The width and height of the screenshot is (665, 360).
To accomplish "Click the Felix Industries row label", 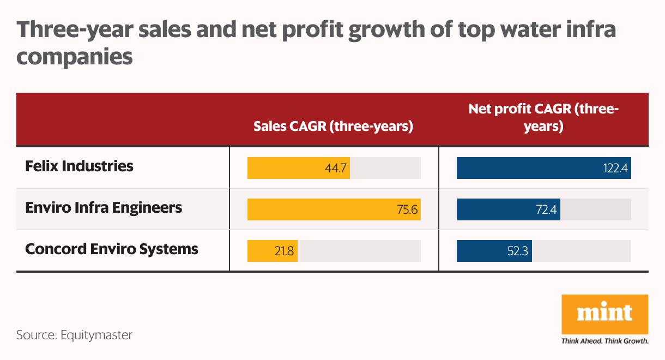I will tap(79, 166).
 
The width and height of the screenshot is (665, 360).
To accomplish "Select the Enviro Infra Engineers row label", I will tap(104, 208).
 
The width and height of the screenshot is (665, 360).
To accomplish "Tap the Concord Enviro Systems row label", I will tap(111, 249).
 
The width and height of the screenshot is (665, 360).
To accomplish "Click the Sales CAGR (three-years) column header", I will tap(333, 127).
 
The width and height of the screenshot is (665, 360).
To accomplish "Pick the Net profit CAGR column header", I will tap(543, 118).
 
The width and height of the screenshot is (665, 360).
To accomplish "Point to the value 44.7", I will tap(336, 169).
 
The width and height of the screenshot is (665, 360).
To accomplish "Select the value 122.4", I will tap(616, 169).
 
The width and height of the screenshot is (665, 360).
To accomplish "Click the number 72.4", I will tap(546, 210).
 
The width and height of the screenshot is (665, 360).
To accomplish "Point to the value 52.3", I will tap(517, 251).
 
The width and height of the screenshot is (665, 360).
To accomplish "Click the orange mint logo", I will tap(604, 314).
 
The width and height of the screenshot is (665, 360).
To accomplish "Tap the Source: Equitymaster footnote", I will tap(74, 335).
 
